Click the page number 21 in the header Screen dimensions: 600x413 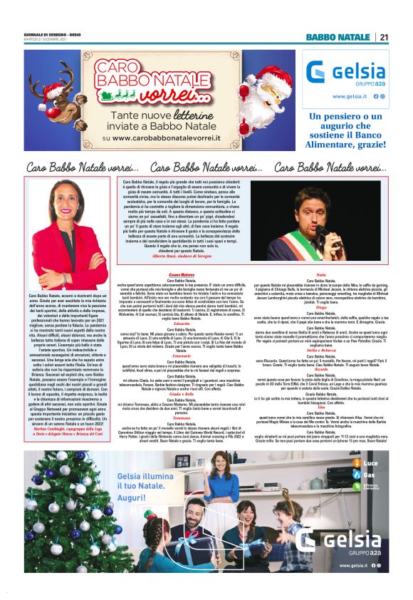[384, 37]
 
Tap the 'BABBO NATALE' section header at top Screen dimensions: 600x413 [338, 37]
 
